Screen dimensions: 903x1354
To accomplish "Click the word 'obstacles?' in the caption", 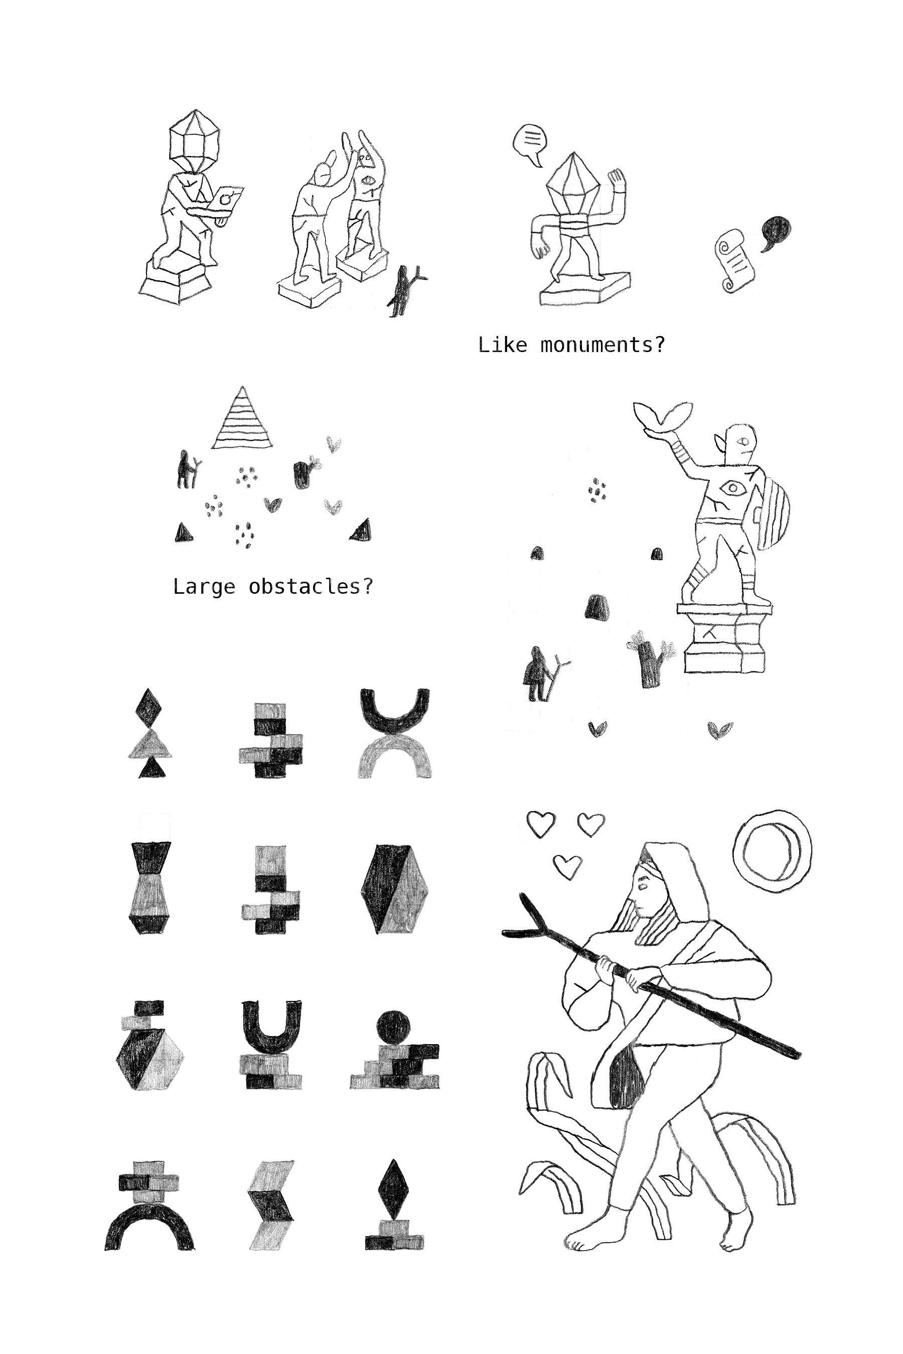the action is pyautogui.click(x=311, y=586).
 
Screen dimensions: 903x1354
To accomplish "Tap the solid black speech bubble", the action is pyautogui.click(x=776, y=233).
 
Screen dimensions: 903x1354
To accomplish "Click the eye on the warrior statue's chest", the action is pyautogui.click(x=732, y=488).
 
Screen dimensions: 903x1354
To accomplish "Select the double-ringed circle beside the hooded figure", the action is pyautogui.click(x=772, y=851).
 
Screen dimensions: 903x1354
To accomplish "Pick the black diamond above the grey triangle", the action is pyautogui.click(x=148, y=707).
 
